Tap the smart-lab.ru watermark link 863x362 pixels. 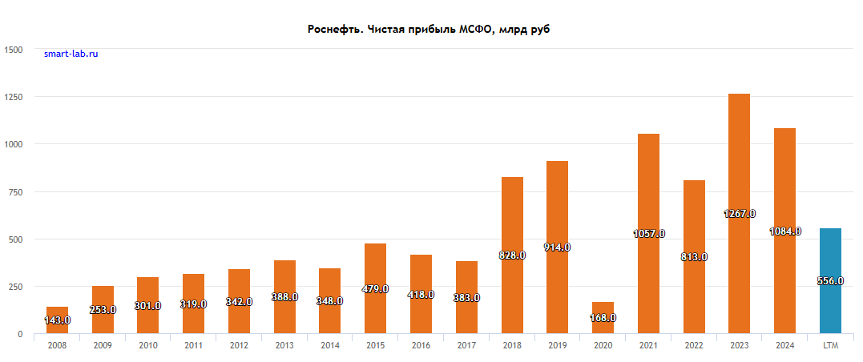[x=71, y=54]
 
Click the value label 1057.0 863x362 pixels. [x=648, y=234]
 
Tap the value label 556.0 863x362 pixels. [x=830, y=281]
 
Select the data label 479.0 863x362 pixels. [x=375, y=289]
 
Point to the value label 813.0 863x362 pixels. [x=694, y=257]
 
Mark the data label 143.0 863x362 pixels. [x=57, y=320]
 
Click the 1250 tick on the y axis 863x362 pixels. [x=13, y=97]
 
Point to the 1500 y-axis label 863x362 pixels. [x=13, y=50]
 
